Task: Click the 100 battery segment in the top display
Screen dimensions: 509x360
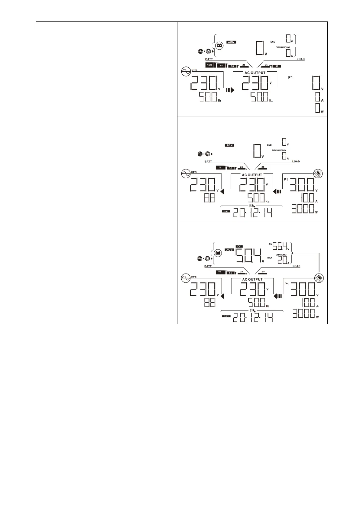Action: click(209, 65)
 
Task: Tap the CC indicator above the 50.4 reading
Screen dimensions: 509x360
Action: click(239, 247)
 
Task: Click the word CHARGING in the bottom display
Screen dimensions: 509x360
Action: click(281, 255)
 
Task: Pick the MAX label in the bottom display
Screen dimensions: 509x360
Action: click(270, 258)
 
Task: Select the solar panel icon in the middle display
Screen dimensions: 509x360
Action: click(318, 173)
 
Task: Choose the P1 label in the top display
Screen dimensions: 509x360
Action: click(290, 78)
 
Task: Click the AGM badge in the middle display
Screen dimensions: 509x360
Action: click(229, 145)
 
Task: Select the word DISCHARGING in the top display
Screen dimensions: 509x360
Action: click(283, 47)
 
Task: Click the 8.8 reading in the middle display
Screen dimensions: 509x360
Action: click(210, 198)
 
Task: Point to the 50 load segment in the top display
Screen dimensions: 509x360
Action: click(277, 66)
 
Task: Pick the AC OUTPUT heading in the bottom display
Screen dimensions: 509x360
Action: click(253, 279)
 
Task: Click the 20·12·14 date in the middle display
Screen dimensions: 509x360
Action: click(252, 213)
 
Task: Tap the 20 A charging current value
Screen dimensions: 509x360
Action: click(282, 260)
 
